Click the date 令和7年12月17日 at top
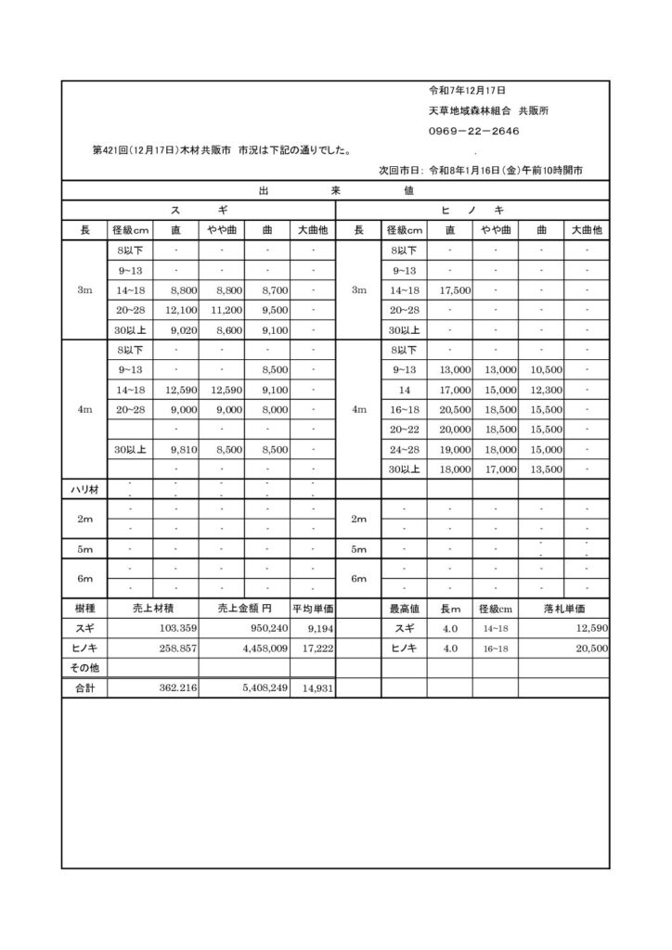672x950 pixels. point(466,91)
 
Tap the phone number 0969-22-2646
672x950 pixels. point(473,131)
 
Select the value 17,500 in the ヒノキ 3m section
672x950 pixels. point(457,290)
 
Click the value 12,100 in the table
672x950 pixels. point(180,310)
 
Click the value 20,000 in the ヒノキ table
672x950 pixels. point(457,430)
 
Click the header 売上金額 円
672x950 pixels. point(244,610)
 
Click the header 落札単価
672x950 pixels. point(563,610)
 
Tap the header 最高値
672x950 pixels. point(405,610)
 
